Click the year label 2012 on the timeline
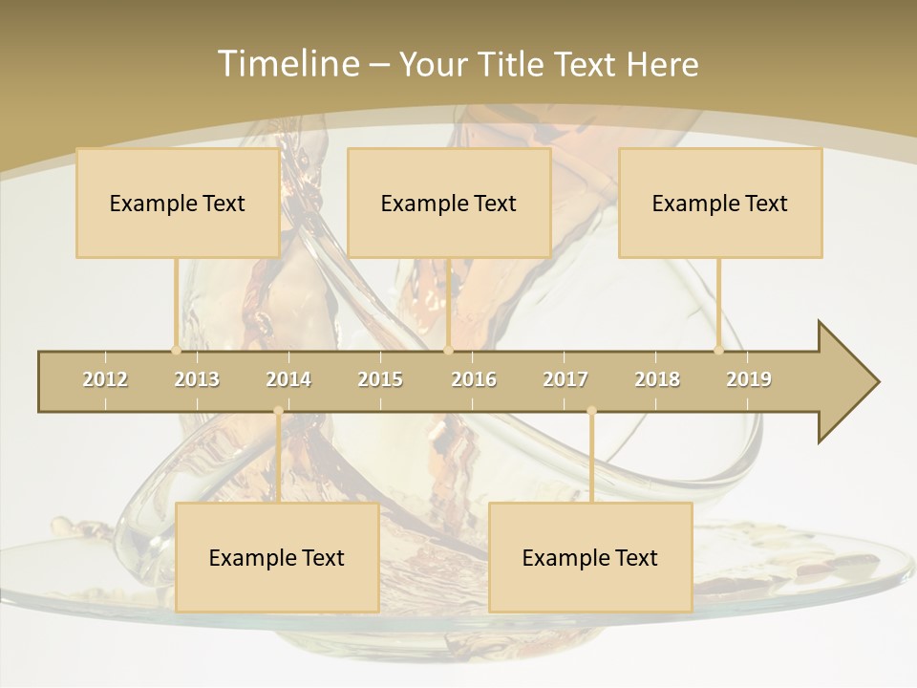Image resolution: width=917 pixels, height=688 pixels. pyautogui.click(x=105, y=379)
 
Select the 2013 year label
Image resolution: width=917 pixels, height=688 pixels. pyautogui.click(x=197, y=379)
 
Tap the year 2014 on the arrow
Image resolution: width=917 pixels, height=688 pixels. pyautogui.click(x=288, y=379)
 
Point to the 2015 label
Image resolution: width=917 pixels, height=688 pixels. pyautogui.click(x=380, y=379)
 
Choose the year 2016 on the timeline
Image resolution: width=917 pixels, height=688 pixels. pyautogui.click(x=474, y=379)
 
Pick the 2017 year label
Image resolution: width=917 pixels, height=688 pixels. pyautogui.click(x=565, y=379)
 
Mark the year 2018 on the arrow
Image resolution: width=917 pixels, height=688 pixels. pyautogui.click(x=657, y=379)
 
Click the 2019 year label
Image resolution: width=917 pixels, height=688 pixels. pyautogui.click(x=749, y=379)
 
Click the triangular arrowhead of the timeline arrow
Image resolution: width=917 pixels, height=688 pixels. pyautogui.click(x=848, y=382)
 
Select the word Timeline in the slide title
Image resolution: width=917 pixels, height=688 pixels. pyautogui.click(x=287, y=64)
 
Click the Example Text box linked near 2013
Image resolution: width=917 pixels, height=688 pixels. pyautogui.click(x=178, y=203)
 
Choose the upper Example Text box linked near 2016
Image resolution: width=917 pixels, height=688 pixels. pyautogui.click(x=449, y=203)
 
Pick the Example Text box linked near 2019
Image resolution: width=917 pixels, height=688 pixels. pyautogui.click(x=720, y=203)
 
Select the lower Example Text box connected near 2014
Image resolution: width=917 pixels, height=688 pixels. pyautogui.click(x=277, y=557)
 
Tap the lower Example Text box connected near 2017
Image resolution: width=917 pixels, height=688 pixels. pyautogui.click(x=590, y=557)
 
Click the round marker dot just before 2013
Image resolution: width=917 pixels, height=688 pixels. pyautogui.click(x=176, y=350)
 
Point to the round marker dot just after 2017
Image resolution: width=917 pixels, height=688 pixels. pyautogui.click(x=591, y=411)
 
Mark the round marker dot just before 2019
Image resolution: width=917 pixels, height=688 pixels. pyautogui.click(x=719, y=350)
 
